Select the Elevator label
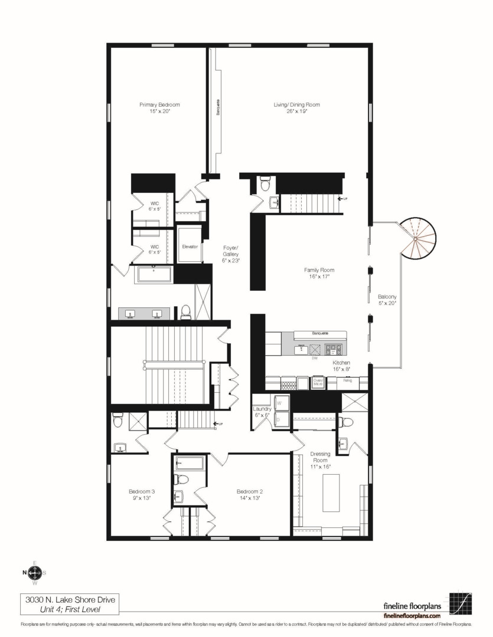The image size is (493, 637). pyautogui.click(x=190, y=247)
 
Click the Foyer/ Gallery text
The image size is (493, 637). pyautogui.click(x=230, y=254)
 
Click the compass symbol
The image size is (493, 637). pyautogui.click(x=35, y=572)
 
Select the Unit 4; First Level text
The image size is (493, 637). pyautogui.click(x=70, y=609)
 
